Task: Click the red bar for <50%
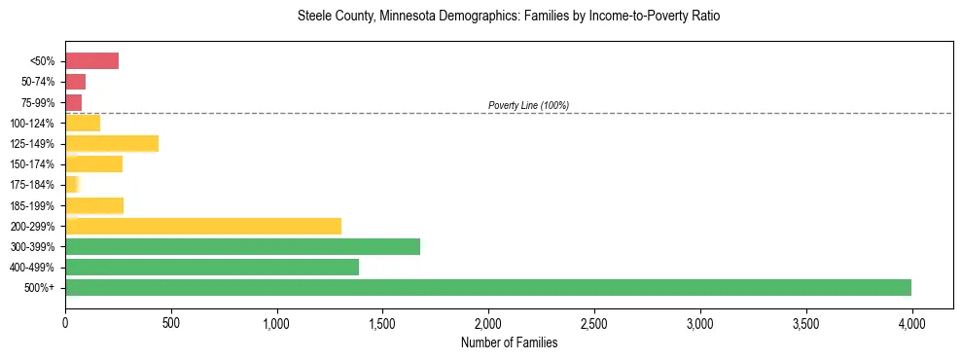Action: coord(91,61)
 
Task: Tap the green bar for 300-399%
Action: coord(242,246)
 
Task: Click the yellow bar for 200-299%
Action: coord(203,226)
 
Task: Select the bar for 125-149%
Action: coord(112,144)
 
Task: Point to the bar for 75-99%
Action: coord(74,102)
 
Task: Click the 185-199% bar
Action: coord(94,205)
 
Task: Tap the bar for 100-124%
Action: coord(83,123)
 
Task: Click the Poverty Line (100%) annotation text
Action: coord(528,105)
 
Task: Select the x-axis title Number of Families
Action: coord(509,342)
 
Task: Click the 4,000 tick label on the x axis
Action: coord(911,322)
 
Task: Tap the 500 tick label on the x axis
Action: coord(171,322)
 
